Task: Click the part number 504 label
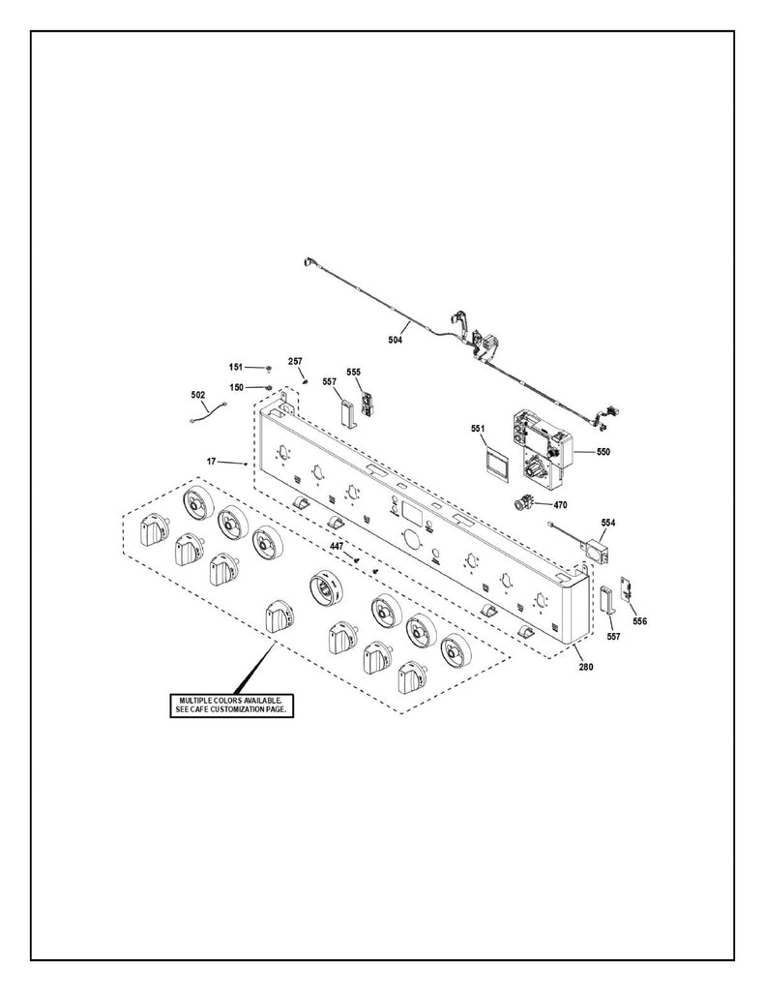(395, 340)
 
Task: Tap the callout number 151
(236, 368)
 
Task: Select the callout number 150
(236, 387)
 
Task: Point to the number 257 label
(296, 361)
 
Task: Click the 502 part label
(198, 395)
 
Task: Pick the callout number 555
(353, 373)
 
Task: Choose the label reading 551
(477, 429)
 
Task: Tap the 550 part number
(603, 452)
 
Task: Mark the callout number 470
(561, 504)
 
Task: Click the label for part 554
(607, 523)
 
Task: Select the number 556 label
(639, 621)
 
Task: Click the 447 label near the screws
(336, 547)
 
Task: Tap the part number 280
(587, 667)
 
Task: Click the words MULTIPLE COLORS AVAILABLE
(229, 700)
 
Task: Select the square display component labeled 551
(496, 462)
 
